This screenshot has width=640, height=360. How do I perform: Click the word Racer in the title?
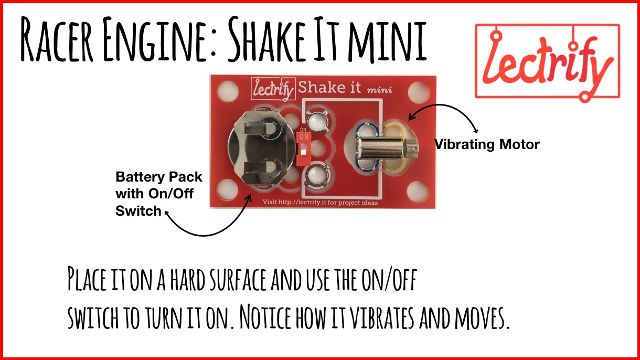[x=57, y=39]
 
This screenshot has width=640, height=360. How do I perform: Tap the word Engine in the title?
[x=155, y=39]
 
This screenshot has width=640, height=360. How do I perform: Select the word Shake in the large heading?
[x=266, y=39]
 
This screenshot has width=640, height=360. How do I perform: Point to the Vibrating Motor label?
[x=487, y=144]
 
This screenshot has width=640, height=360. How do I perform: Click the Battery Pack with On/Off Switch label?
[x=158, y=194]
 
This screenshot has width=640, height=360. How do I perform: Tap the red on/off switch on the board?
[x=304, y=149]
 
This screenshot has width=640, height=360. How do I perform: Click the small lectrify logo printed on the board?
[x=273, y=89]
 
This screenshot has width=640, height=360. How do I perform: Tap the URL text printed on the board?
[x=320, y=203]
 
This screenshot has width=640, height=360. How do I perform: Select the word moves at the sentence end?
[x=482, y=317]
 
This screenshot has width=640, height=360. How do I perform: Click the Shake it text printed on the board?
[x=329, y=87]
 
